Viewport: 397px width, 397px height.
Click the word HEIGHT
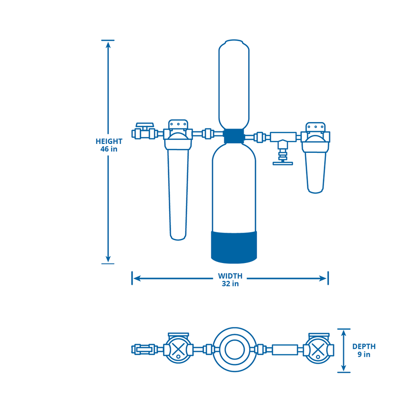[x=109, y=141]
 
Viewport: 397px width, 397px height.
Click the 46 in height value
[x=109, y=148]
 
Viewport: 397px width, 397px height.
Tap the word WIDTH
[x=230, y=276]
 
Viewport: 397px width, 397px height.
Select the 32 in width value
[x=230, y=283]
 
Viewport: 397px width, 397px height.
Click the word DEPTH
[x=364, y=346]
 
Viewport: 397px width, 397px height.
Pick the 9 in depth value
[x=364, y=354]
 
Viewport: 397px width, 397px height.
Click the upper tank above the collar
[x=234, y=84]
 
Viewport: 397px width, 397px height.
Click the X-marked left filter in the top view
[x=178, y=349]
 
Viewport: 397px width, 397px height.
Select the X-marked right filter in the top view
[x=318, y=349]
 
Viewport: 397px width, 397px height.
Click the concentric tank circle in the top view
[x=234, y=349]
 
